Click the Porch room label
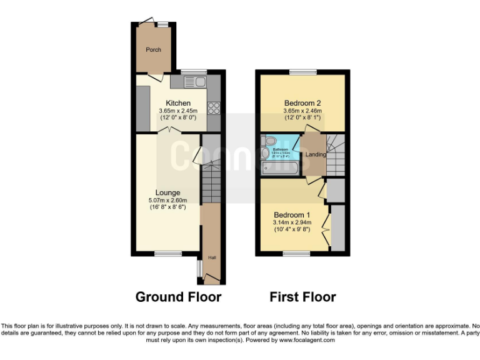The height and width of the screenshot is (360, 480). [153, 50]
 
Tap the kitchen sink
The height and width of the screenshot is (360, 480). [192, 81]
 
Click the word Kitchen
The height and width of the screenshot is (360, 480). [177, 103]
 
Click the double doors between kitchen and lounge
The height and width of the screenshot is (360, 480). [168, 129]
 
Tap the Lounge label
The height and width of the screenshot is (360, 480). [168, 192]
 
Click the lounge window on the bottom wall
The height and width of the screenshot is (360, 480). [167, 253]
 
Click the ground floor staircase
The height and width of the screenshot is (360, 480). [211, 181]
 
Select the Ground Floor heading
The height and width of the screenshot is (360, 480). [178, 297]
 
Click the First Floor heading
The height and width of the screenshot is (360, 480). [302, 297]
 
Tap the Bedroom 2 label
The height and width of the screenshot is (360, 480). [302, 103]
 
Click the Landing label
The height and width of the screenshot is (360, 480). [315, 154]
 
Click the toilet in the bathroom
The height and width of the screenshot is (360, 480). [266, 152]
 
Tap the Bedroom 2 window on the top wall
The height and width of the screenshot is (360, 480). [302, 71]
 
